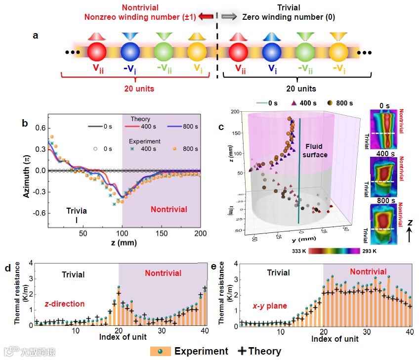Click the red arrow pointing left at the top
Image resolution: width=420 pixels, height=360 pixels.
tap(207, 17)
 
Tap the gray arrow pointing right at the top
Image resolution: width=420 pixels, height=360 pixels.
tap(228, 17)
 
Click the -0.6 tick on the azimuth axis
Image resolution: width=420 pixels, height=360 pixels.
tap(40, 213)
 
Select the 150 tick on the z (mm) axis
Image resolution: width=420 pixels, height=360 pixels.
tap(161, 232)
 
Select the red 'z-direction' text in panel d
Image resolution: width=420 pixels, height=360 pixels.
tap(64, 304)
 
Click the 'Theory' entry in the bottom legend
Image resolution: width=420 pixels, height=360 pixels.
tap(259, 351)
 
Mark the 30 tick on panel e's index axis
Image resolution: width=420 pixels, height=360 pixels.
tap(366, 331)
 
